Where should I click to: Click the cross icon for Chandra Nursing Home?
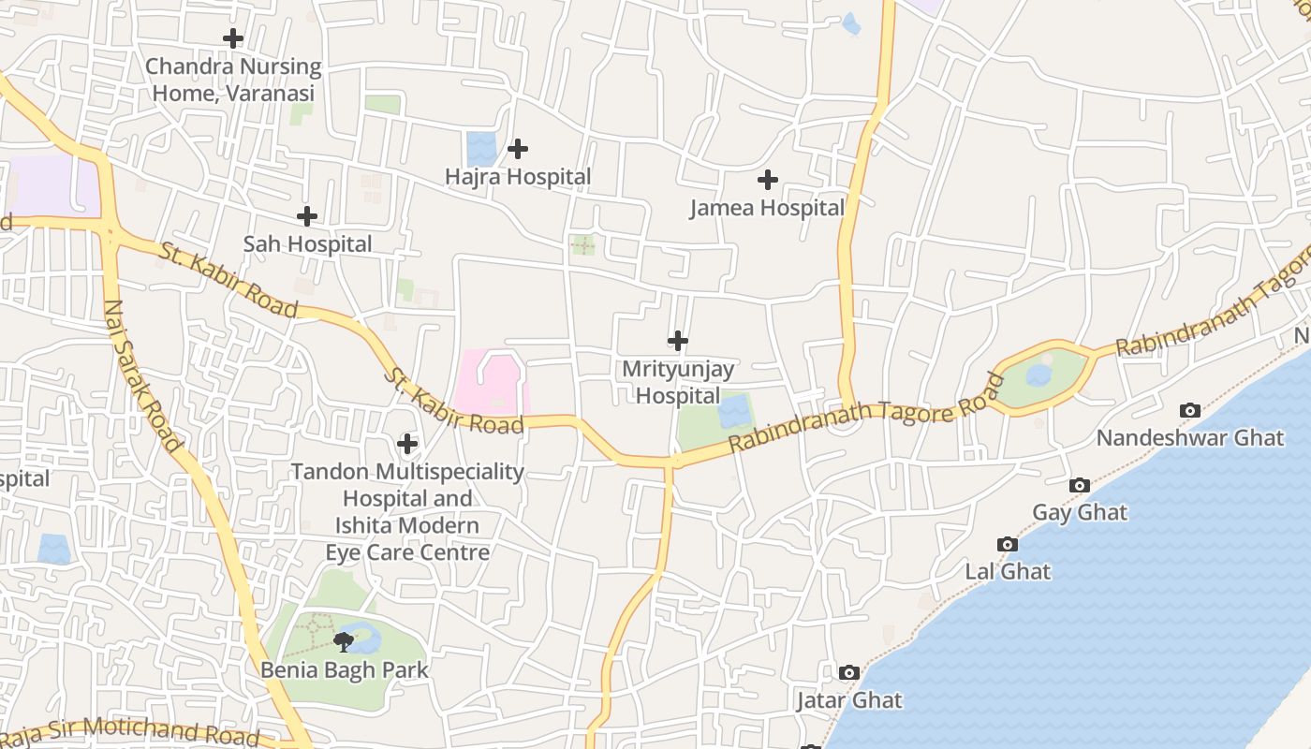click(x=233, y=38)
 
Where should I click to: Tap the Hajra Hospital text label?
click(x=518, y=177)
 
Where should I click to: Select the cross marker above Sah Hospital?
click(x=306, y=216)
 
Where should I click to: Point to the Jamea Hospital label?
click(x=767, y=208)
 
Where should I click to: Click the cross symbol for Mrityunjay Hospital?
click(x=678, y=341)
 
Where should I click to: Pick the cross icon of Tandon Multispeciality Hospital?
click(x=407, y=443)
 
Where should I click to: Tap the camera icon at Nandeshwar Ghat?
click(x=1190, y=410)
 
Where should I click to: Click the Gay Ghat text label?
click(x=1080, y=513)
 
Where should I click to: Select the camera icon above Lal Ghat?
click(x=1008, y=544)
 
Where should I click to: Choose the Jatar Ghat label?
click(x=849, y=700)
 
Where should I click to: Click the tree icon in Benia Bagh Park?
click(x=344, y=641)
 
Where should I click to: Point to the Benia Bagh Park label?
click(x=345, y=670)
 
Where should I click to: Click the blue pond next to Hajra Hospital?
click(x=481, y=148)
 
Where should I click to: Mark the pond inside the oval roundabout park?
click(x=1038, y=375)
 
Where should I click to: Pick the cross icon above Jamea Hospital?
click(x=768, y=180)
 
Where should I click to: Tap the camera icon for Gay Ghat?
click(x=1080, y=485)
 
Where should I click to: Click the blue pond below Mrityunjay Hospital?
click(x=734, y=412)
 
